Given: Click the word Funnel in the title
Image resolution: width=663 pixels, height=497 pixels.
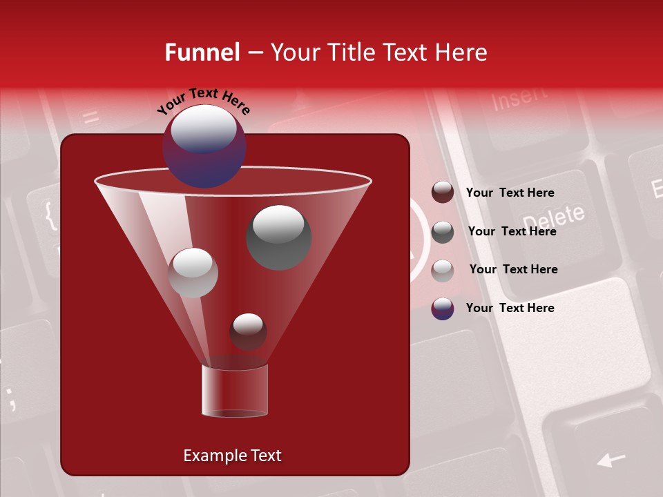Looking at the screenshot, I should click(x=202, y=52).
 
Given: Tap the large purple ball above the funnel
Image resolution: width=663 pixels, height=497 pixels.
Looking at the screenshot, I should click(x=204, y=146).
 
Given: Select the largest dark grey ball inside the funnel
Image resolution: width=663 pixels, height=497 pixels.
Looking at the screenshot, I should click(x=278, y=237).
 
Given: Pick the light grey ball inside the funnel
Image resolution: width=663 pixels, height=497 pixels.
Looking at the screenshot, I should click(x=193, y=273).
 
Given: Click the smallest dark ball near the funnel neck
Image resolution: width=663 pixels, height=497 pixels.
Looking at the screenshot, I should click(x=248, y=331).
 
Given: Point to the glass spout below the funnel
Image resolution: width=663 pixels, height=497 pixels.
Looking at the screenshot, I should click(x=234, y=391).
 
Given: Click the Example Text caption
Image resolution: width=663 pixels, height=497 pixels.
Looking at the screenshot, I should click(x=232, y=456).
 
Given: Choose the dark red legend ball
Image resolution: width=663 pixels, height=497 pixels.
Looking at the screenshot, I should click(x=443, y=193).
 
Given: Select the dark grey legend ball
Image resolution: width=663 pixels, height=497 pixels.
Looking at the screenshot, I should click(x=443, y=232).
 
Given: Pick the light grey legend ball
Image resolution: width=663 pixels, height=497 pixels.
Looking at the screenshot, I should click(x=443, y=271).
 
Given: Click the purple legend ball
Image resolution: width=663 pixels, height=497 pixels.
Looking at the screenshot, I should click(x=443, y=309).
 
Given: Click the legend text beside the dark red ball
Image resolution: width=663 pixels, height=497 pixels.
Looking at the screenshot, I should click(x=510, y=193).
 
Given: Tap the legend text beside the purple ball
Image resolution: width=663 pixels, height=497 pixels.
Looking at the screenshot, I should click(x=510, y=308).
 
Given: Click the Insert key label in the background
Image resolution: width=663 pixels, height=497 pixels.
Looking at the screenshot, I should click(x=519, y=99).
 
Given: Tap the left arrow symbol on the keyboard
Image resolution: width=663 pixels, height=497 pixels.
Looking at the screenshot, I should click(x=611, y=459).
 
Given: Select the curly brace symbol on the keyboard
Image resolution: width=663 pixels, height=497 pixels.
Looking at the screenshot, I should click(x=50, y=215).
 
